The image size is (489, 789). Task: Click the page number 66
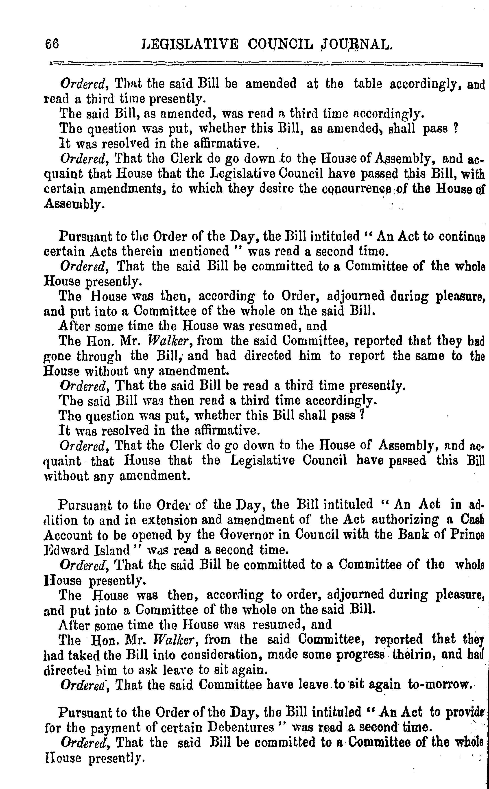click(x=52, y=44)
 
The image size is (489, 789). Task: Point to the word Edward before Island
click(x=62, y=550)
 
